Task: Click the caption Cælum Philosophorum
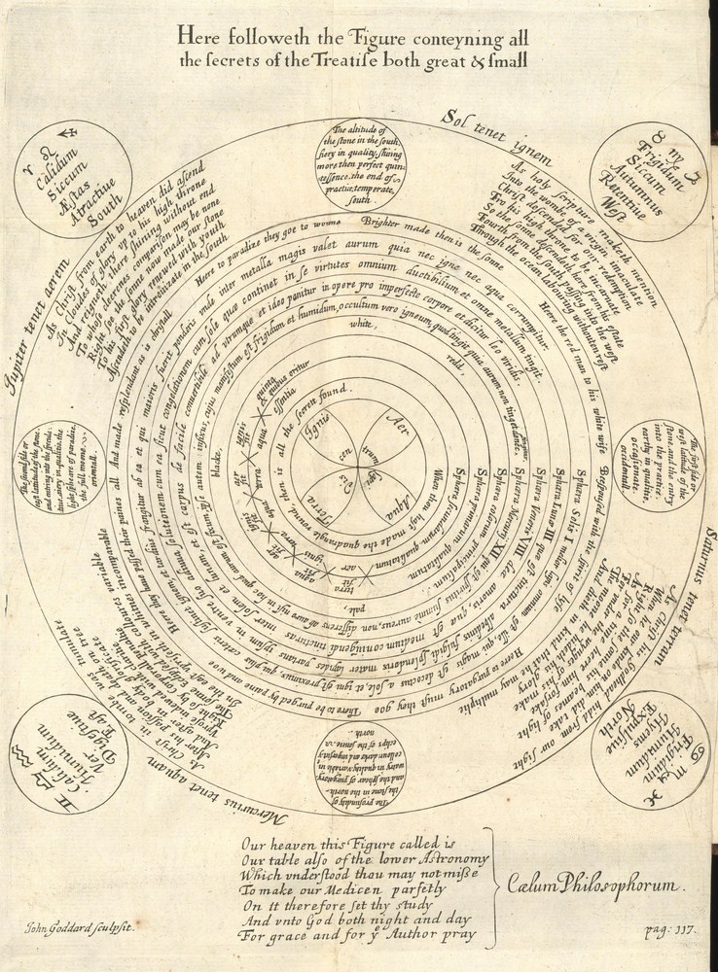point(595,885)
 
